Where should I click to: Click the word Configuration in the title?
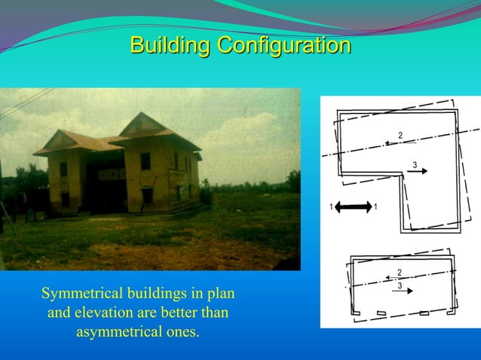click(x=284, y=45)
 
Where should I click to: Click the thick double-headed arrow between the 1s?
click(x=353, y=206)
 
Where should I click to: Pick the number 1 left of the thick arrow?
click(x=331, y=206)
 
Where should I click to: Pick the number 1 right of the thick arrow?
click(x=375, y=206)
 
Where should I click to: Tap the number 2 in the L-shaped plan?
click(x=400, y=135)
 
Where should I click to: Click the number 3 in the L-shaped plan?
click(x=415, y=165)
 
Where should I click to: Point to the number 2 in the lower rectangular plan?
click(x=399, y=271)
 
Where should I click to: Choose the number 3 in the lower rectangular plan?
click(x=400, y=285)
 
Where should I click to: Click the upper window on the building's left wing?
click(x=64, y=168)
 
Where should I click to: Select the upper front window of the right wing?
click(x=146, y=161)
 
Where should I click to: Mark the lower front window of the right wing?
click(x=147, y=196)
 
